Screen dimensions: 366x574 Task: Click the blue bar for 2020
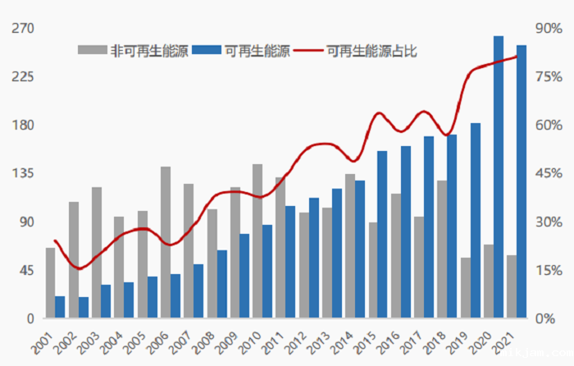coord(499,177)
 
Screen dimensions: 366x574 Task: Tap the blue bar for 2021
coord(522,181)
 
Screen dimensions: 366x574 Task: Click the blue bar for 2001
coord(60,307)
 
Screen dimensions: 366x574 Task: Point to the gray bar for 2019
coord(466,288)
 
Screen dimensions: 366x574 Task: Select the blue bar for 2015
coord(382,235)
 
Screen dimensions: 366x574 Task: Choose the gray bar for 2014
coord(349,246)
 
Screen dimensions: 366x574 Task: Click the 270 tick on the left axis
coord(21,29)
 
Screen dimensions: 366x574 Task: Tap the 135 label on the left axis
coord(21,174)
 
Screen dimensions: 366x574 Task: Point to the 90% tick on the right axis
coord(547,29)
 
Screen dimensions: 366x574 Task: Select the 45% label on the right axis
coord(547,174)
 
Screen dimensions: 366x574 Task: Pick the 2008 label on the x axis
coord(203,343)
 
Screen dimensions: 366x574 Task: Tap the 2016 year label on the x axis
coord(389,343)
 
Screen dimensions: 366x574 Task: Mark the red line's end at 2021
coord(517,57)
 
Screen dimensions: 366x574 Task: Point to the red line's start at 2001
coord(55,240)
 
